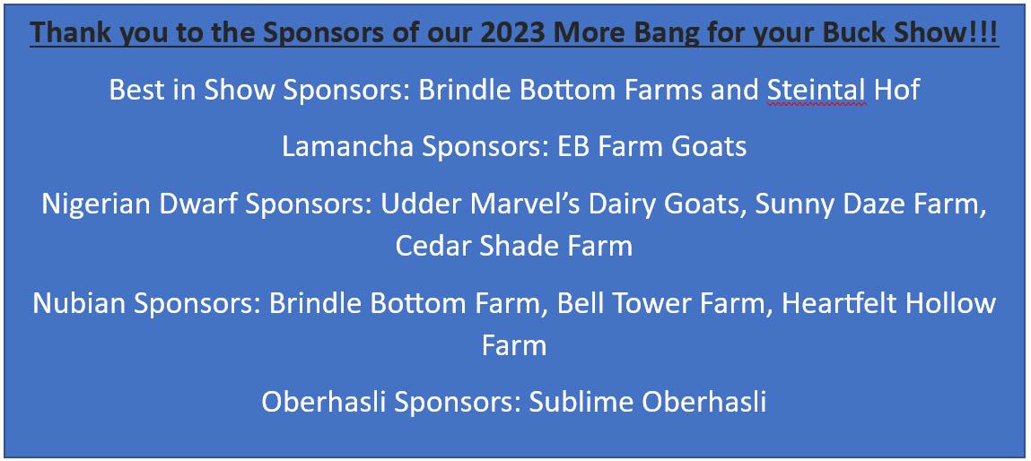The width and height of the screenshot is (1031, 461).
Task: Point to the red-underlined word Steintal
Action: point(817,90)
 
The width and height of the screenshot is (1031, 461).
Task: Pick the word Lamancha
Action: point(348,146)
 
